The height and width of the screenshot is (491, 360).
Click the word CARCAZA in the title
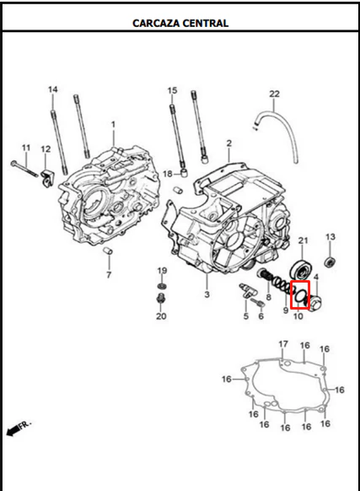click(156, 23)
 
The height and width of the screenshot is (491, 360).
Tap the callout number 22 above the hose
click(274, 94)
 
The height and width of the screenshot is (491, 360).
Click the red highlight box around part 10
click(300, 294)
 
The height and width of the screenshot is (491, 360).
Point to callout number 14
click(53, 89)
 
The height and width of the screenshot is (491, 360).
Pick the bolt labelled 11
click(24, 169)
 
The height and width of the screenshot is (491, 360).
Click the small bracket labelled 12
click(47, 178)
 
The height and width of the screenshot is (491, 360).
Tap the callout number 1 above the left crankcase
click(113, 124)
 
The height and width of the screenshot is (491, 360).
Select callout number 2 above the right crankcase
click(229, 143)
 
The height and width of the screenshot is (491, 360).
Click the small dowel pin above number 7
click(108, 251)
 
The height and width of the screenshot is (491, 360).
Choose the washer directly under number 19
click(162, 286)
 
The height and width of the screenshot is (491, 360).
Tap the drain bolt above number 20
click(161, 299)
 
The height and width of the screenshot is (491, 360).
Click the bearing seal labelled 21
click(301, 270)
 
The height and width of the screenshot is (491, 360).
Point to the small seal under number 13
click(330, 262)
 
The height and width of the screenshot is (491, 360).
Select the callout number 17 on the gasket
click(283, 344)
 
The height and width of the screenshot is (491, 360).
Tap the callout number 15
click(172, 90)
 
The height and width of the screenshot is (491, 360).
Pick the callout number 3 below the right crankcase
click(207, 294)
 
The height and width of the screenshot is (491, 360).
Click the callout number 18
click(168, 174)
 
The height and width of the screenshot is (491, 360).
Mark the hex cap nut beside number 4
click(314, 302)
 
